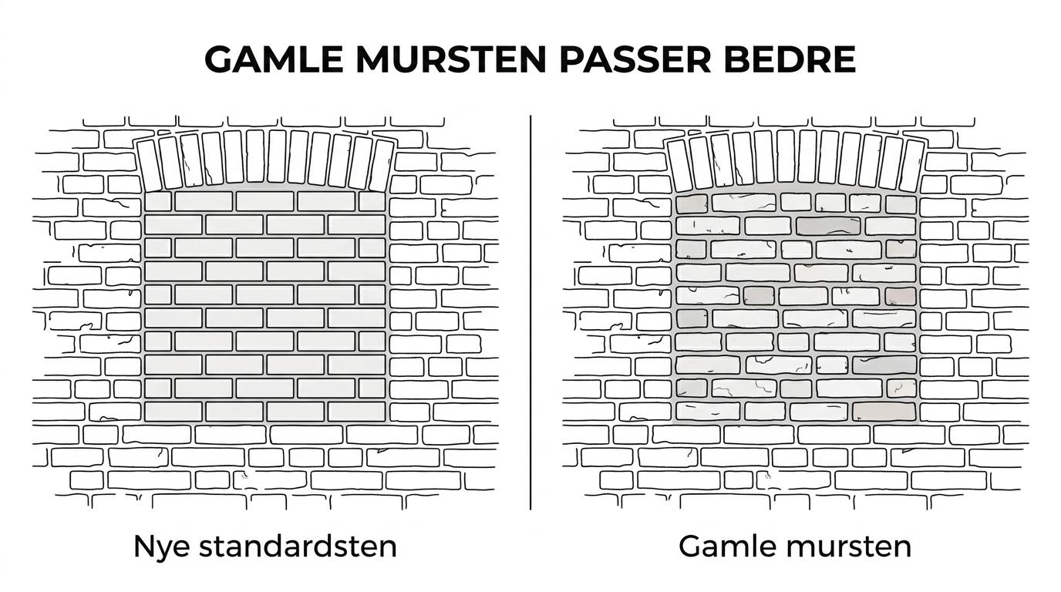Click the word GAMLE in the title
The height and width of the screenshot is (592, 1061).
(274, 59)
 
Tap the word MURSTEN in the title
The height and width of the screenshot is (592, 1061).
(451, 59)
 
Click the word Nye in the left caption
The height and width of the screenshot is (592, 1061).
(161, 547)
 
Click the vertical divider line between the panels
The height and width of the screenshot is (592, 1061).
(530, 312)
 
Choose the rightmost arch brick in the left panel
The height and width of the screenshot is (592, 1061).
(382, 165)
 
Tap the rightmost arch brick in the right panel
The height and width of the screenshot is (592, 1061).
(912, 165)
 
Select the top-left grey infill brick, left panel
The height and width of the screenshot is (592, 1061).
(158, 201)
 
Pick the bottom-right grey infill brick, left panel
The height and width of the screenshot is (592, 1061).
(356, 412)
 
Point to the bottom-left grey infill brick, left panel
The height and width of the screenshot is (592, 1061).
(173, 412)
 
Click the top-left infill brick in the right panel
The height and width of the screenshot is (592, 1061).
(692, 203)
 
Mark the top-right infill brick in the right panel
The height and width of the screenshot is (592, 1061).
(901, 203)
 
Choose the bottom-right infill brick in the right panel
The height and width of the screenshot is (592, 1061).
(884, 411)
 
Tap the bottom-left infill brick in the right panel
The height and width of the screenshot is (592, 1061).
(708, 411)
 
